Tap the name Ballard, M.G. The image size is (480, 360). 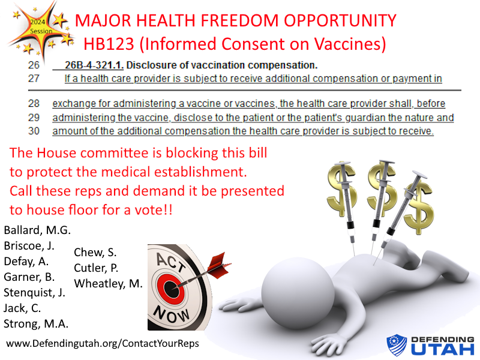pos(37,230)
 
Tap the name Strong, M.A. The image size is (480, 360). pos(37,324)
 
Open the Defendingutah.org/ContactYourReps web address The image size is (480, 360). pos(103,344)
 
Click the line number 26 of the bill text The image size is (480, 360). pos(34,65)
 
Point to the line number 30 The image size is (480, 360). pos(34,131)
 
